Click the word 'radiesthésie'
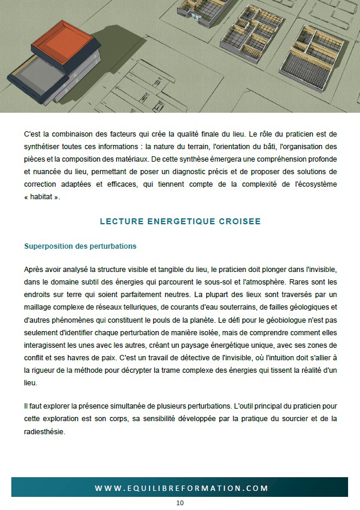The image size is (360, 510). pyautogui.click(x=44, y=432)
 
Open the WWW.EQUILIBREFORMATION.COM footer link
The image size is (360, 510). pyautogui.click(x=181, y=488)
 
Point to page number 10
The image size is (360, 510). pyautogui.click(x=180, y=503)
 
